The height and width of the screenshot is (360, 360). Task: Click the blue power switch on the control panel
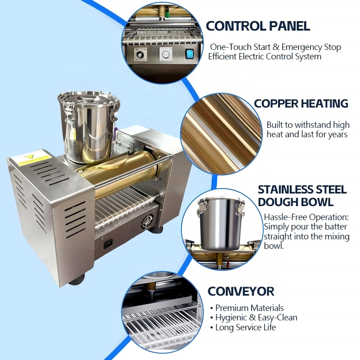pos(189,54)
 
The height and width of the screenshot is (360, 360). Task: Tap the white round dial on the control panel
pos(165,54)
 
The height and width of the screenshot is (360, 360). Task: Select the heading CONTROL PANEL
pos(258,26)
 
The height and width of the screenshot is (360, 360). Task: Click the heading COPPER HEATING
pos(301,103)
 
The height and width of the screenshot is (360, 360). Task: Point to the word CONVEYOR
pos(241,291)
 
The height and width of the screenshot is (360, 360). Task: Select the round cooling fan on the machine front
pos(148,221)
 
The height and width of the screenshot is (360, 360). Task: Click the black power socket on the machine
pos(108,243)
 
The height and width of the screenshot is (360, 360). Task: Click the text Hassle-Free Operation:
pos(306,217)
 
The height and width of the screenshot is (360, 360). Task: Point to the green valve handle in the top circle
pos(167,14)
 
